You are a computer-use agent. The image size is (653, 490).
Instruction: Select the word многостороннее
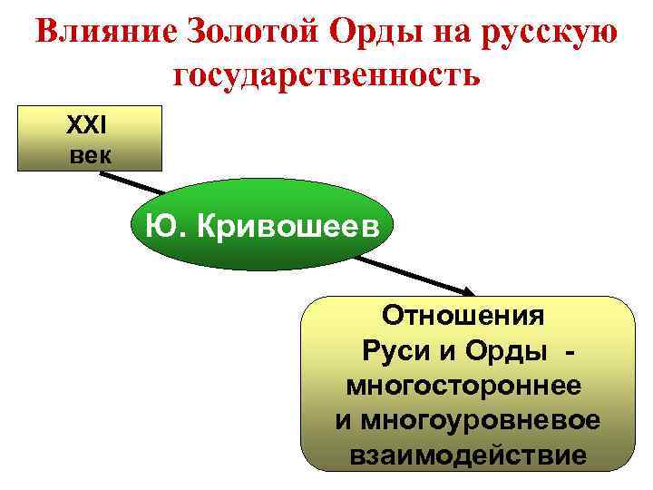click(463, 386)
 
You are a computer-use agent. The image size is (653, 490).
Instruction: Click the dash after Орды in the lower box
click(569, 351)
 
